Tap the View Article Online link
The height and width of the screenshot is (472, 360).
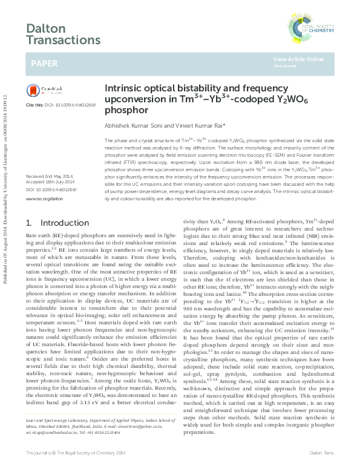pos(298,59)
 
